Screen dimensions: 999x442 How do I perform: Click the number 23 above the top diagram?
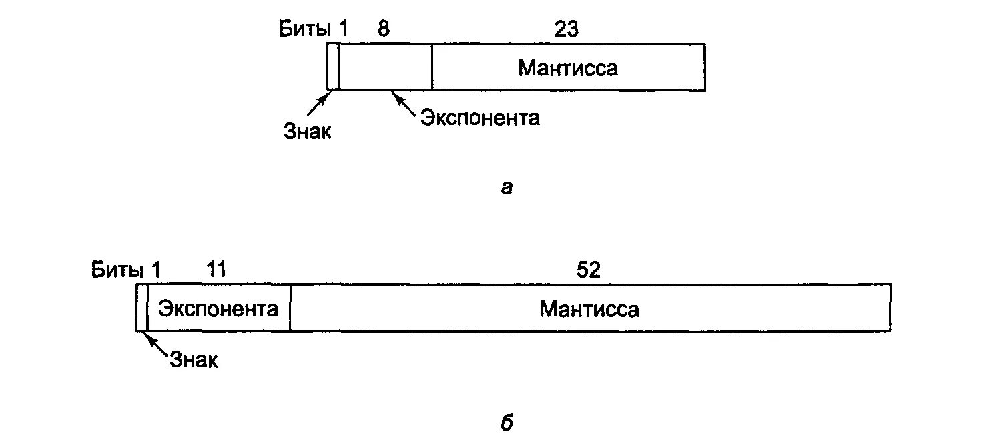566,29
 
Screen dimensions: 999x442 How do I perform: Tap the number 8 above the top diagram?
383,29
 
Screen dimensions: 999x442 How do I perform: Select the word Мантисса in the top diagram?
568,68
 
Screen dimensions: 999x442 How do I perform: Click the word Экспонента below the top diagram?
479,118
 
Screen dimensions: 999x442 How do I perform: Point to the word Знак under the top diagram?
306,131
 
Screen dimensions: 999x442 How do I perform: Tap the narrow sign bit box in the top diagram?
332,67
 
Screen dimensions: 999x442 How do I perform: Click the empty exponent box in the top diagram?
385,67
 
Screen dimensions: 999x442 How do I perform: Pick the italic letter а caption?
506,189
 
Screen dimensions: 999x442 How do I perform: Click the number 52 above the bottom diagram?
588,270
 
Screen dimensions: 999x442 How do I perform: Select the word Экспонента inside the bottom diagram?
218,308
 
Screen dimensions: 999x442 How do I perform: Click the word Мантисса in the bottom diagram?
589,308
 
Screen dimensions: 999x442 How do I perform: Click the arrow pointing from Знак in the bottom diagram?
155,345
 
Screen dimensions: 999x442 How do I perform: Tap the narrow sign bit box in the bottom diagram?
141,307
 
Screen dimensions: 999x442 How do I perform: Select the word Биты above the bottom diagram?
117,270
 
